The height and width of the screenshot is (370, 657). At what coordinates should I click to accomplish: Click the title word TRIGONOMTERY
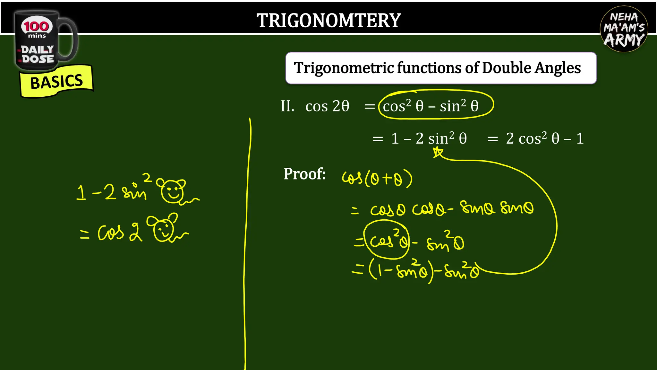coord(328,21)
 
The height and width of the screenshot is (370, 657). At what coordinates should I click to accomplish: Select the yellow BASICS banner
coord(56,81)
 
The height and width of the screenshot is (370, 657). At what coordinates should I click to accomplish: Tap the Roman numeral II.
coord(287,106)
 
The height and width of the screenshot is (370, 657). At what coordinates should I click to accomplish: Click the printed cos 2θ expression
coord(327,106)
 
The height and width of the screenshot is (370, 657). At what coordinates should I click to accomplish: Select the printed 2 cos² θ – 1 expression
coord(545,139)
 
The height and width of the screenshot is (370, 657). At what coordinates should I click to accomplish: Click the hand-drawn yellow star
coord(438,152)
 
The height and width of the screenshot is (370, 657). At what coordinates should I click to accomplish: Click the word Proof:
coord(304,174)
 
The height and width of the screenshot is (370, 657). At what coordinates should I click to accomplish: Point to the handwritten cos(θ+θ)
coord(377,178)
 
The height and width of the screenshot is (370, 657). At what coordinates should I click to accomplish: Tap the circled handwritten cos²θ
coord(386,240)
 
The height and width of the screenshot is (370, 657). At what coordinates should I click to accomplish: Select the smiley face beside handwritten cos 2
coord(164,228)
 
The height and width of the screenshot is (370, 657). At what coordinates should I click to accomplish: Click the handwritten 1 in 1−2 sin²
coord(81,193)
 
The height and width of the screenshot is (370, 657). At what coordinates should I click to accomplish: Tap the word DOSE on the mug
coord(38,59)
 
